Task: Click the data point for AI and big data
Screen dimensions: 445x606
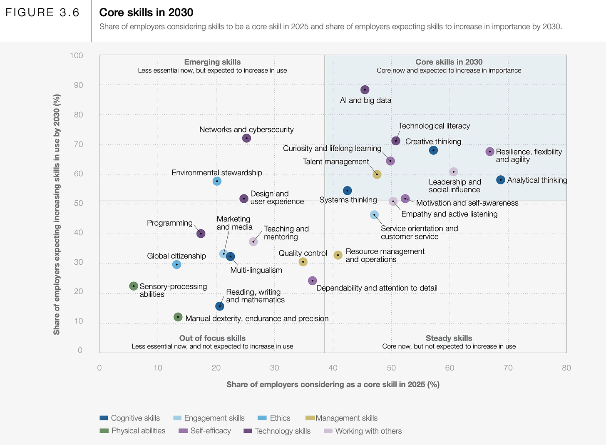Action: tap(365, 90)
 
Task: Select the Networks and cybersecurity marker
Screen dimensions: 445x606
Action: tap(246, 138)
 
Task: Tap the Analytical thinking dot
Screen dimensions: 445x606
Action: tap(501, 180)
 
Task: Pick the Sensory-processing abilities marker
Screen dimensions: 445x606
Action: tap(134, 286)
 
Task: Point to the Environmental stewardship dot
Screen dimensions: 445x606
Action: tap(217, 181)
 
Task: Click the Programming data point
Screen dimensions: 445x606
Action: tap(201, 234)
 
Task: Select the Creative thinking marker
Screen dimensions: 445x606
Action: tap(433, 150)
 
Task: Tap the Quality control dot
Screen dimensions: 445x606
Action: tap(303, 262)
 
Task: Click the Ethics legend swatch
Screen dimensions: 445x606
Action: tap(262, 418)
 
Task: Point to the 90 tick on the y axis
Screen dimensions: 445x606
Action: tap(79, 85)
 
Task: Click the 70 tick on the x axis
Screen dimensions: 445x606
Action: tap(508, 368)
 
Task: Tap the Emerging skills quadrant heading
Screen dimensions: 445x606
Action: tap(212, 62)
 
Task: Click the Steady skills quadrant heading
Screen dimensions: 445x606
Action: tap(449, 338)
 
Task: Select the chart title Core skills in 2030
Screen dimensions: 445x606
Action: tap(146, 12)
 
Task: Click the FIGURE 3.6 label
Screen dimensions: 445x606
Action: tap(42, 12)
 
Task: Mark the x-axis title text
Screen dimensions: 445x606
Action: tap(333, 385)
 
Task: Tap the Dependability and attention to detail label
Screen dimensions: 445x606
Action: tap(377, 288)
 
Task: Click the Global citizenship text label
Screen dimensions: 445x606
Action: tap(176, 256)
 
